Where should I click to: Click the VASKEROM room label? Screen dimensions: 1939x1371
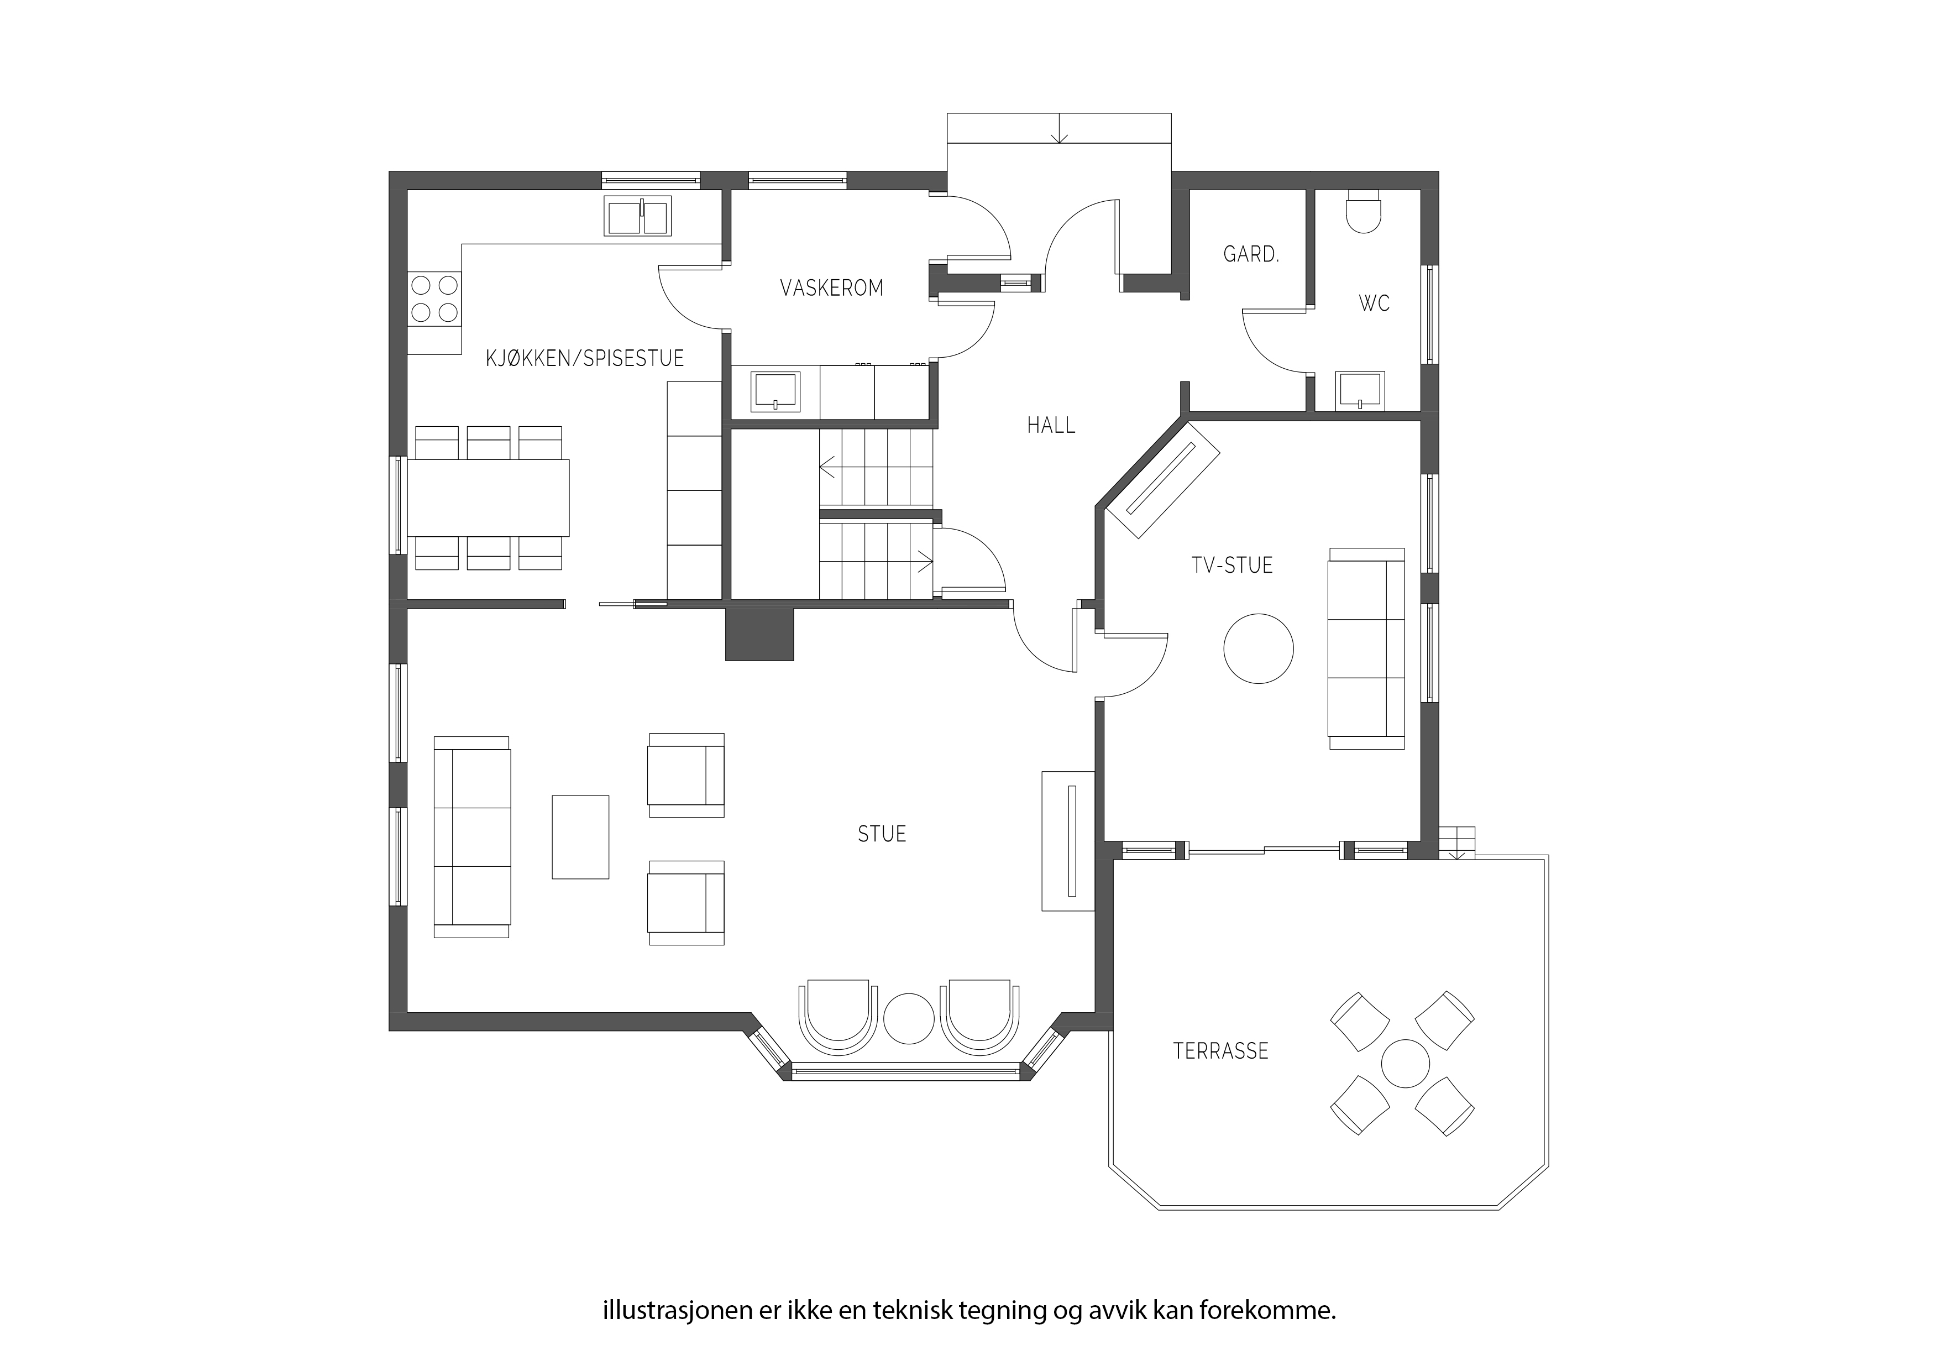[832, 288]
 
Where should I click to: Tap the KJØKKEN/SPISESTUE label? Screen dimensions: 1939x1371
[584, 358]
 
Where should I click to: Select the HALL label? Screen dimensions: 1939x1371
[1051, 426]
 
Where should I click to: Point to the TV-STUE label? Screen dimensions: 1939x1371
[1232, 565]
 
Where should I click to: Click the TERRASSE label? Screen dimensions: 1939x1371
[1221, 1051]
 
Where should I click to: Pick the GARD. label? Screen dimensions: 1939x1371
[1251, 254]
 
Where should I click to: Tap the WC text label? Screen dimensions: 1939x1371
[1374, 303]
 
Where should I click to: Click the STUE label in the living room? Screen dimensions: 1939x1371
[882, 834]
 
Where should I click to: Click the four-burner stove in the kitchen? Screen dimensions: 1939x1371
[435, 299]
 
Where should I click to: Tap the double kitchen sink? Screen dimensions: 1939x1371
[638, 216]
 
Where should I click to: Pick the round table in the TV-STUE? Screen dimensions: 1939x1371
[1259, 648]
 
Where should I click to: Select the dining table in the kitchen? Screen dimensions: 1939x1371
[488, 498]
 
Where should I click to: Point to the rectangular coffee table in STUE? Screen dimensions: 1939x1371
[580, 836]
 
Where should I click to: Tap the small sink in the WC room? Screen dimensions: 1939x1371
[1360, 391]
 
